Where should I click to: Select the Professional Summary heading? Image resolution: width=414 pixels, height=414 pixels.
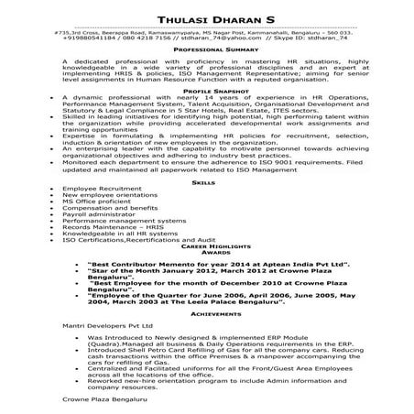click(x=206, y=50)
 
